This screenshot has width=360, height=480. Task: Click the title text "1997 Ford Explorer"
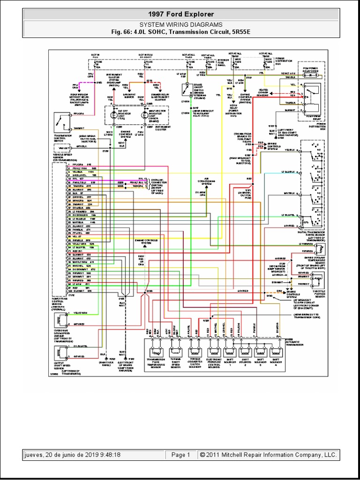(x=181, y=15)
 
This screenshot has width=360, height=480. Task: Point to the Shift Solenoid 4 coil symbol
(x=276, y=352)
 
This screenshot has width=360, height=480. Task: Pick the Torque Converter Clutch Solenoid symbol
(x=193, y=352)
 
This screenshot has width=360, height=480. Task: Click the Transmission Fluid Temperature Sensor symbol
(x=155, y=352)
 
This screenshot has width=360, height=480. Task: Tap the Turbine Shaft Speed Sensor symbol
(x=175, y=352)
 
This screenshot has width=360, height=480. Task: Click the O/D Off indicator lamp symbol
(x=112, y=115)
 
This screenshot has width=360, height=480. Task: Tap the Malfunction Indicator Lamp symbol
(x=140, y=115)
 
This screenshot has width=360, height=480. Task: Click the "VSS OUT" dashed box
(x=62, y=147)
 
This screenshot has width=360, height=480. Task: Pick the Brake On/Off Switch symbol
(x=186, y=88)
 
